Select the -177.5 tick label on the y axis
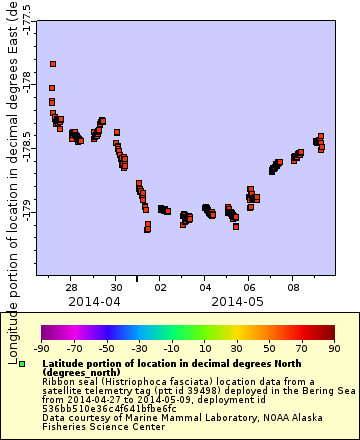coord(27,19)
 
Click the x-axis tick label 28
coord(73,286)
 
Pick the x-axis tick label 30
coord(117,286)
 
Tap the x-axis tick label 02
coord(161,286)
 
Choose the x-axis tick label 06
coord(249,286)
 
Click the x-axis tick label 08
coord(293,286)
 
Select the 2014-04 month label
coord(95,300)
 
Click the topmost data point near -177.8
coord(53,64)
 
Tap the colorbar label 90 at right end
coord(334,349)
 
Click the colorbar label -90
coord(42,349)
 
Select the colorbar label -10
coord(171,349)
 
